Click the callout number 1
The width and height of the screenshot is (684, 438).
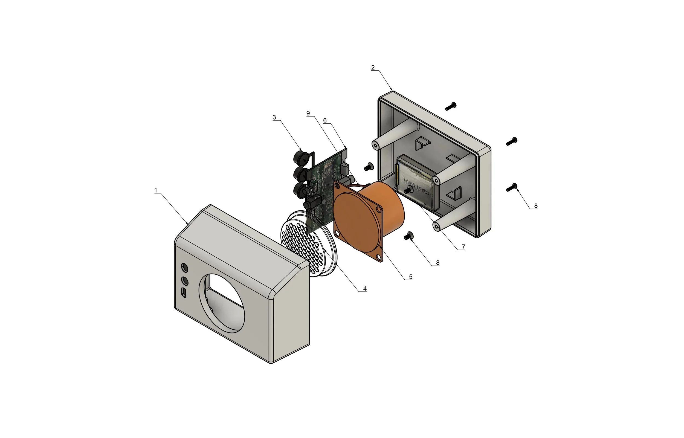[156, 190]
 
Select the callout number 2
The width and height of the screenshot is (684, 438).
[373, 67]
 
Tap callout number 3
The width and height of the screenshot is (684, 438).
[274, 117]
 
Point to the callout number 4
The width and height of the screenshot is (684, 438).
[365, 289]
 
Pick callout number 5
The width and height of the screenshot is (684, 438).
[410, 277]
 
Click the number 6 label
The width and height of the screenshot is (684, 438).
[325, 120]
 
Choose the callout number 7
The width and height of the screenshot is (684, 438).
[463, 246]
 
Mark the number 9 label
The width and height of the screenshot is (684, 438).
[308, 113]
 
